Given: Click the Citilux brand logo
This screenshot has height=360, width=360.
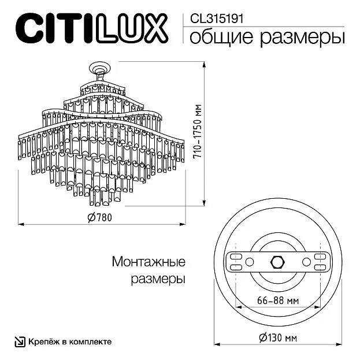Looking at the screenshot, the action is click(x=92, y=28).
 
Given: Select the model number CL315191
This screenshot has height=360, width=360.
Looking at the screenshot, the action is click(x=216, y=18).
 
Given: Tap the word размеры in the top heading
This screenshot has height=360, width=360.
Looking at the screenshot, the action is click(x=302, y=38).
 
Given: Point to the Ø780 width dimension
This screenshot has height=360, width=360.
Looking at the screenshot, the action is click(x=100, y=217).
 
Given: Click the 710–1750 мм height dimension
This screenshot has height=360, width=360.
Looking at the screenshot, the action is click(x=197, y=131).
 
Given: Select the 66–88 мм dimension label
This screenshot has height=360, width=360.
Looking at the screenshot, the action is click(x=278, y=300).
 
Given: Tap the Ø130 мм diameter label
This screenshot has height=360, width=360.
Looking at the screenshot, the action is click(x=278, y=338).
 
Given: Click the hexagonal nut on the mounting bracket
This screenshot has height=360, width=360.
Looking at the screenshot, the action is click(x=278, y=262).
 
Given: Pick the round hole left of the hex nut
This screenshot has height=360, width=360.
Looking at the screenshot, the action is click(x=249, y=262).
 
